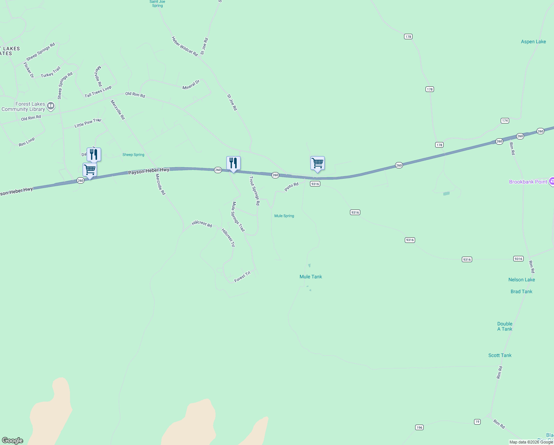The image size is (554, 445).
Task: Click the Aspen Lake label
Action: coord(533,42)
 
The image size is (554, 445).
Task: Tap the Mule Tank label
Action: coord(311,277)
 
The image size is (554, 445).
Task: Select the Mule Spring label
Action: coord(284,216)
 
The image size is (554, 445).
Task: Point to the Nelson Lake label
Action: coord(521,280)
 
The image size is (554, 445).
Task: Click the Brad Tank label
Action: coord(521,291)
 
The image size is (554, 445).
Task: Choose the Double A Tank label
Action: coord(505,326)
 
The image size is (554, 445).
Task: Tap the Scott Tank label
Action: coord(500,355)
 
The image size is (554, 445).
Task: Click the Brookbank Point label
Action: coord(528,182)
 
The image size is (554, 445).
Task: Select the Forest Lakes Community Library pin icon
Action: coord(51,106)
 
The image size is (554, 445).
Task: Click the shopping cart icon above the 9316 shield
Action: coord(317,163)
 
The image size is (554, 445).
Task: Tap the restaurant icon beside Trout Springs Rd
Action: coord(233,163)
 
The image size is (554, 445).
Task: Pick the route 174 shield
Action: coord(505,121)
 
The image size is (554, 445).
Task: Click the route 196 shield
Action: coord(419,428)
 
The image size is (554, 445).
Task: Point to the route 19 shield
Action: coord(477,422)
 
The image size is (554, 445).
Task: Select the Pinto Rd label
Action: coord(291,187)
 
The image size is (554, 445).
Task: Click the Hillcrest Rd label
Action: coord(202,224)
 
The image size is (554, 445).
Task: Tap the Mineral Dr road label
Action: coord(191,85)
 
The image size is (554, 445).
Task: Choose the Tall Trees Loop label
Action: coord(98,92)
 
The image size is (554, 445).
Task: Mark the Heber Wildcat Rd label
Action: coord(185,46)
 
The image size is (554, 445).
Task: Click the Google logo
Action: coord(13,441)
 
